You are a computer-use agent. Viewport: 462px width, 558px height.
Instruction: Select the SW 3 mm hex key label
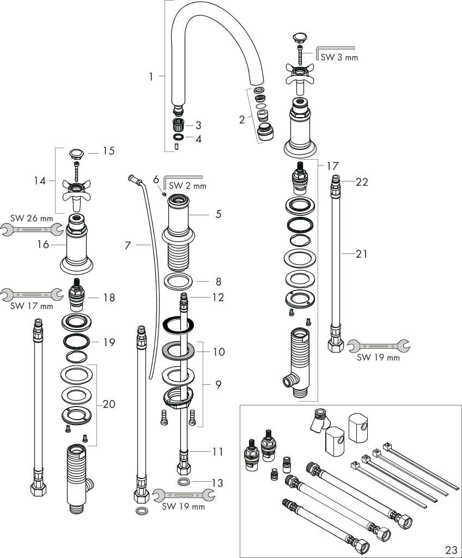click(x=339, y=57)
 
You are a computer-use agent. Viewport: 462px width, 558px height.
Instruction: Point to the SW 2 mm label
click(x=187, y=186)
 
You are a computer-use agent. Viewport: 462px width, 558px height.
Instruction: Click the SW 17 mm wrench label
click(x=32, y=306)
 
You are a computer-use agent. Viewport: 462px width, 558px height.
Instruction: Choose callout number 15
click(x=109, y=151)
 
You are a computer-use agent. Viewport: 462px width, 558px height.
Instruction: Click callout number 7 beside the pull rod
click(x=127, y=246)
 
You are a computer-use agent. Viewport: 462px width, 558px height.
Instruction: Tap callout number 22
click(x=362, y=182)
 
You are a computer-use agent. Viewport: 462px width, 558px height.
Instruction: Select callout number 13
click(x=218, y=483)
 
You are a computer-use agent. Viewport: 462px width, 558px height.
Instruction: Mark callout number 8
click(x=218, y=282)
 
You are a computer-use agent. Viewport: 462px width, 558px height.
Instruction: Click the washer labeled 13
click(x=185, y=482)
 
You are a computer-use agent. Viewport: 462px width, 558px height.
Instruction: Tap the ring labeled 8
click(x=179, y=282)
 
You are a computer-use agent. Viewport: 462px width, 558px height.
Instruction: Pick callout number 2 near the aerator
click(x=241, y=120)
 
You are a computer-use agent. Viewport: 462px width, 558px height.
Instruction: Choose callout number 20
click(x=109, y=404)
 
